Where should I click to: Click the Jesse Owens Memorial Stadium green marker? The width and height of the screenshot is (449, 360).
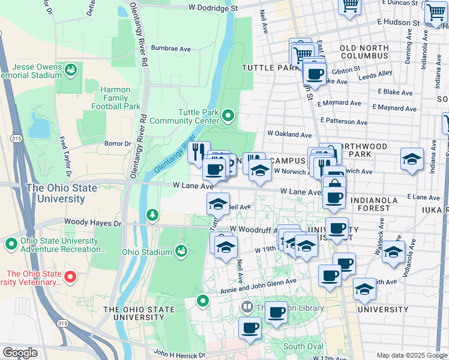click(x=71, y=70)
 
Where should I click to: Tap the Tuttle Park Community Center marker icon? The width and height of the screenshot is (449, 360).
click(x=228, y=115)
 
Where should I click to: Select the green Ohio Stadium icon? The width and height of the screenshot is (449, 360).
click(x=181, y=250)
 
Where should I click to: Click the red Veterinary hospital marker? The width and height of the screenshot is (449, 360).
click(x=70, y=277)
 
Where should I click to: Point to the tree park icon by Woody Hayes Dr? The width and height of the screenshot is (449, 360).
click(x=153, y=214)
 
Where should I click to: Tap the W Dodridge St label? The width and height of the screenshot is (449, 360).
click(x=213, y=8)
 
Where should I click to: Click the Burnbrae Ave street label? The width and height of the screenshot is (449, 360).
click(x=170, y=48)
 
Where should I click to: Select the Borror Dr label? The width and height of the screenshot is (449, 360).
click(x=118, y=144)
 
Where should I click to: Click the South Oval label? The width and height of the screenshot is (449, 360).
click(x=303, y=347)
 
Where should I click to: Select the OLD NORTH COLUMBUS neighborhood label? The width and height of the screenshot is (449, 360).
click(x=364, y=52)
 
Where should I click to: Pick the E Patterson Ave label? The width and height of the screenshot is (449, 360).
click(x=343, y=121)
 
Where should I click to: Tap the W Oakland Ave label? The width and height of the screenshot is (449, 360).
click(x=289, y=134)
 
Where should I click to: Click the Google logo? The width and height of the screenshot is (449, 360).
click(x=20, y=352)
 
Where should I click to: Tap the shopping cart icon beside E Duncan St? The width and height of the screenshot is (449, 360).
click(x=349, y=7)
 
